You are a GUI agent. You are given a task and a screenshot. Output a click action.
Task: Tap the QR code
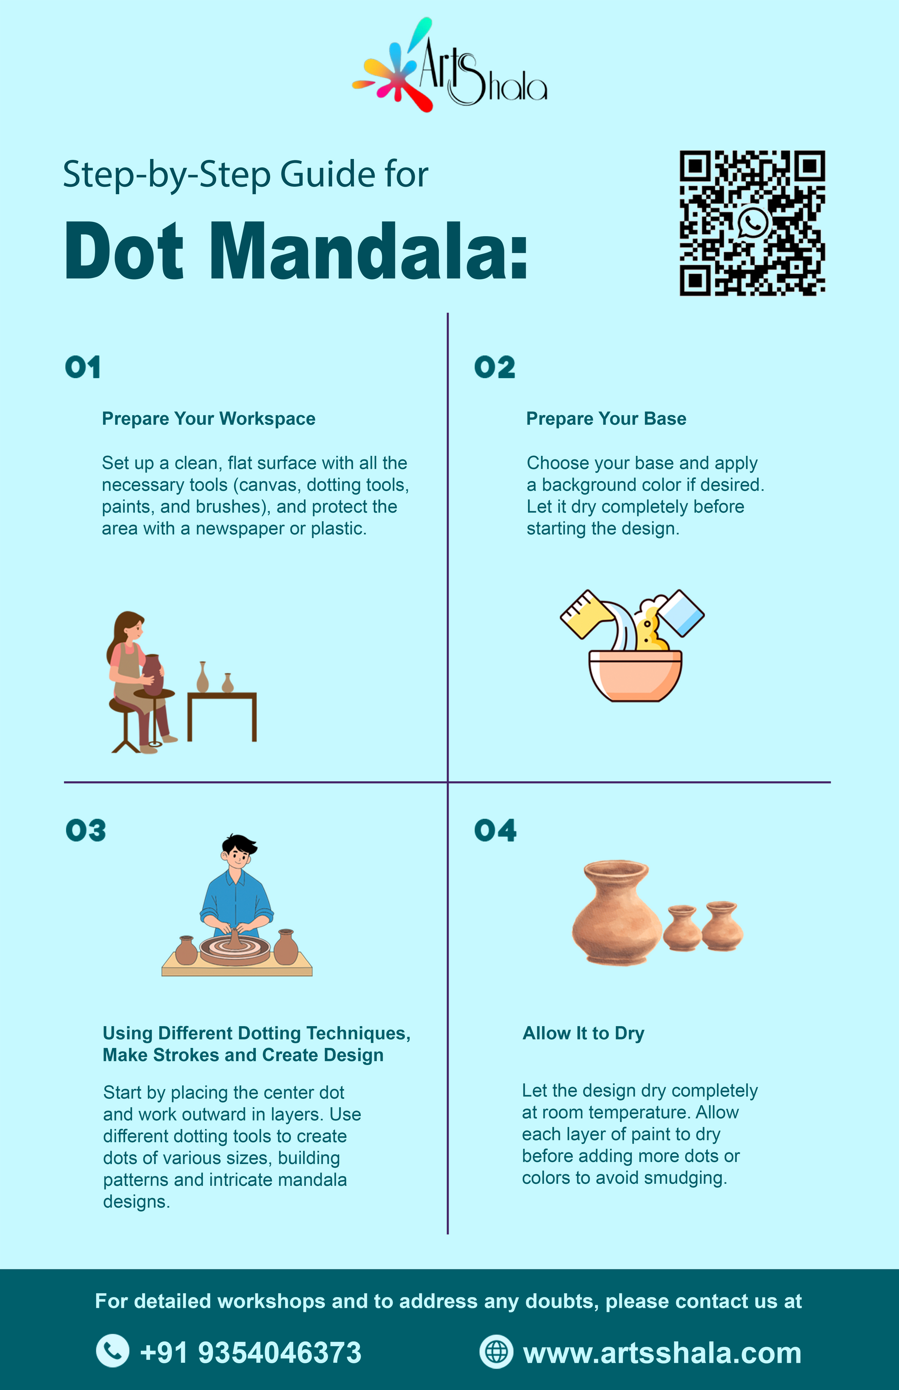coord(752,223)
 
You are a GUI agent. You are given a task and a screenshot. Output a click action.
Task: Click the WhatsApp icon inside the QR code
coord(753,222)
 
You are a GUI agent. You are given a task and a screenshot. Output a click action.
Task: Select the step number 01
coord(83,367)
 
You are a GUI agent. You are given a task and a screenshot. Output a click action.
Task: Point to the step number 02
coord(494,367)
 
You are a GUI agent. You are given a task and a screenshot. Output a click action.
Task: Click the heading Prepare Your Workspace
coord(208,419)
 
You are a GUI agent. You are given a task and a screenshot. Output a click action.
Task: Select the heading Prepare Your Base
coord(606,419)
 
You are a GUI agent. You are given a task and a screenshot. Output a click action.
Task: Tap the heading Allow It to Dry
coord(583,1033)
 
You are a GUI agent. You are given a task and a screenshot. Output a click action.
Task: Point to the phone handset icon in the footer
coord(113,1351)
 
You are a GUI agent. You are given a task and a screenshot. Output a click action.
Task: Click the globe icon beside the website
coord(496,1352)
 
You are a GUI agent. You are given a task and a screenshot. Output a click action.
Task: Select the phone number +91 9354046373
coord(250,1352)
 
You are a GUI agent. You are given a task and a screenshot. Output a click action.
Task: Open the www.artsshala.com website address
coord(662,1353)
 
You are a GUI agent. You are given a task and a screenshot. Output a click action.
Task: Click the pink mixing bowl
coord(635,675)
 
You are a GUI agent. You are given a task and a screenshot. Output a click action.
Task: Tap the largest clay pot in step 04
coord(616,912)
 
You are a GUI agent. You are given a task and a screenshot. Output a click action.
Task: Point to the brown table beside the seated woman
coord(222,716)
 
